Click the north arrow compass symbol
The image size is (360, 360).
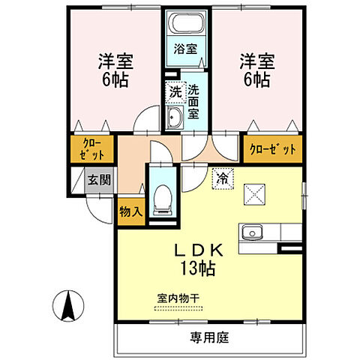coord(66,305)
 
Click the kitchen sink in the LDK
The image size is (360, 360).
coord(250,232)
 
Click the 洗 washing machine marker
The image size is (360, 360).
coord(174,94)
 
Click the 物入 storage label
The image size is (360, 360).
coord(130,211)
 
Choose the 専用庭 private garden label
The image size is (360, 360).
coord(209,337)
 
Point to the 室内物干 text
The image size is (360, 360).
coord(178,298)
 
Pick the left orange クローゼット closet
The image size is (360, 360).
coord(91,148)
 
